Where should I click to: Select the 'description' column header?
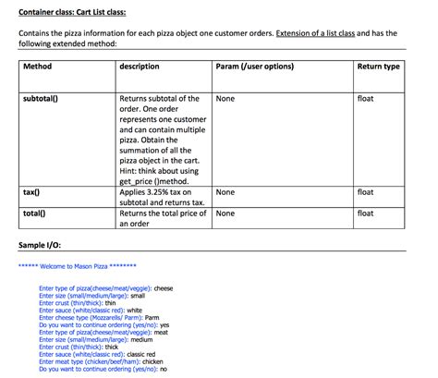[140, 67]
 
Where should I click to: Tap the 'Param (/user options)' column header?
[254, 67]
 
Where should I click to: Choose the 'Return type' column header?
[378, 67]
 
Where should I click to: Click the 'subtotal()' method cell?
[43, 98]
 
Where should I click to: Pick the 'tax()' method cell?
[31, 192]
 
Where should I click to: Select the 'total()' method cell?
[35, 213]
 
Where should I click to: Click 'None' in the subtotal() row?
[225, 98]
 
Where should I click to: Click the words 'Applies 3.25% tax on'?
[160, 192]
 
